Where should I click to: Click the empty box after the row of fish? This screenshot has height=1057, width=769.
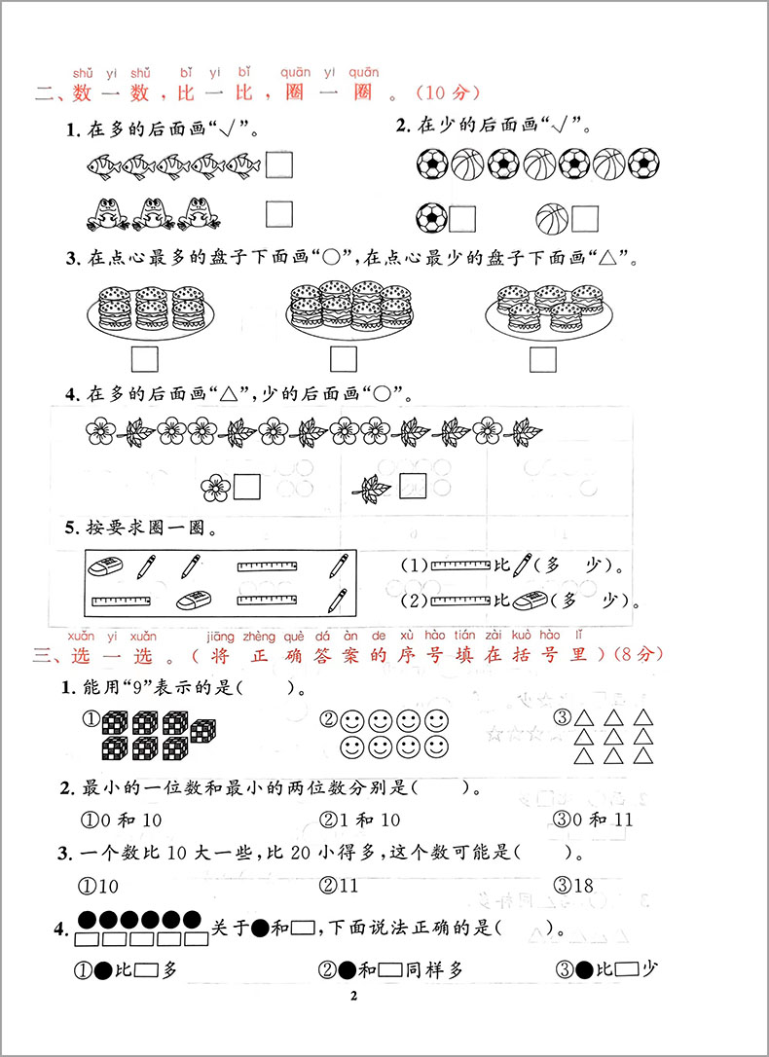click(280, 164)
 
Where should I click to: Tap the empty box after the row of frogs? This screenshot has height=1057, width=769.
click(280, 213)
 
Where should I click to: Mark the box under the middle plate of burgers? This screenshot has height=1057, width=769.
click(344, 359)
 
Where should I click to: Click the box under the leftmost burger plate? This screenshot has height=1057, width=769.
click(144, 359)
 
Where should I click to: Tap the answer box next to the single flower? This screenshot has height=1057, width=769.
click(247, 484)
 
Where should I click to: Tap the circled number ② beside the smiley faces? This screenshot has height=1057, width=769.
click(328, 720)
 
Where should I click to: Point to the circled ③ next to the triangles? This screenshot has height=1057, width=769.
click(561, 720)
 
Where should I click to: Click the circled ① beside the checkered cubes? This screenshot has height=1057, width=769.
click(90, 720)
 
